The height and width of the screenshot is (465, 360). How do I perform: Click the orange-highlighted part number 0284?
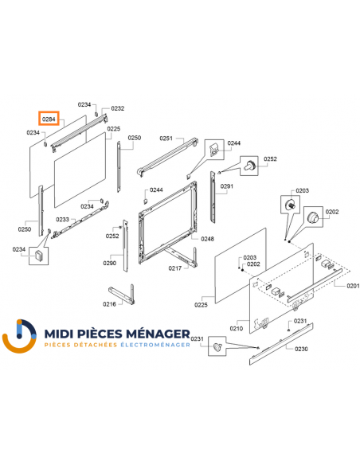click(49, 119)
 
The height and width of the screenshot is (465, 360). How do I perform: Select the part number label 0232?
click(117, 107)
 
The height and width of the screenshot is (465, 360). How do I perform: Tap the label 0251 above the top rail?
click(166, 139)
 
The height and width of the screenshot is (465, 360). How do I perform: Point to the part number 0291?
click(226, 186)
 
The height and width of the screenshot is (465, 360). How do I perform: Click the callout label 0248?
click(207, 239)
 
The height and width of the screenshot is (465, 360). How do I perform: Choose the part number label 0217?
click(174, 268)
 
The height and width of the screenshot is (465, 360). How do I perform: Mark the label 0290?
click(110, 263)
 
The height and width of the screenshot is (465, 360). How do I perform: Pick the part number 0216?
click(110, 304)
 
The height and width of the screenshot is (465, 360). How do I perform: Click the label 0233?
click(61, 219)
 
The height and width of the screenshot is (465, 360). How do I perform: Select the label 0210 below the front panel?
click(237, 328)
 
